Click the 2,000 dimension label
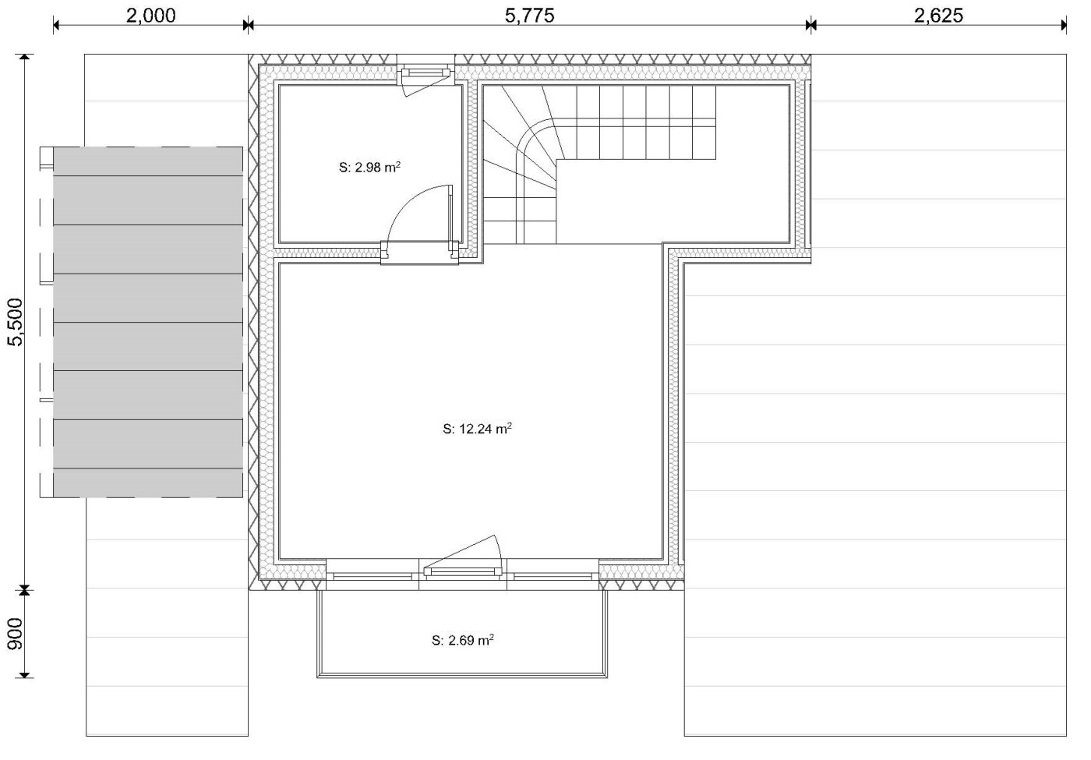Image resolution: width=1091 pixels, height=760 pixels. [151, 16]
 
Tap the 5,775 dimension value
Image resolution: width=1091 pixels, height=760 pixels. [529, 16]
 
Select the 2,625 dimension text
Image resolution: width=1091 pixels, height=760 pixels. [938, 16]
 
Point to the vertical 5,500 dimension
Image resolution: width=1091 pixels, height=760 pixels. [16, 322]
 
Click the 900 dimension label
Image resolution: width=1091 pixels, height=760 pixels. [16, 633]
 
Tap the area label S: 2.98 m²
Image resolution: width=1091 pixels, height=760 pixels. [369, 167]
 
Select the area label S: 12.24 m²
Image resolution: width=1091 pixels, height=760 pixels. [477, 429]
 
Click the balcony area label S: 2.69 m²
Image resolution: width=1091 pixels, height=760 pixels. [463, 640]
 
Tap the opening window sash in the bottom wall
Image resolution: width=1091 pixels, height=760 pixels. [463, 571]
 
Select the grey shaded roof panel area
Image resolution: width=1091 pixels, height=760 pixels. [147, 322]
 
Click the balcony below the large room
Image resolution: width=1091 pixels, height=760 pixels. [462, 633]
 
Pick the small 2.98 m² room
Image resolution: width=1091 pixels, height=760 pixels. [370, 164]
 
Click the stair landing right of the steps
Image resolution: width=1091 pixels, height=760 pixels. [672, 201]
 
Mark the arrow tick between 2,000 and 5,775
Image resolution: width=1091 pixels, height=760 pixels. [248, 24]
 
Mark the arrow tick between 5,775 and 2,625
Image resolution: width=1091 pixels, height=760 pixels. [811, 24]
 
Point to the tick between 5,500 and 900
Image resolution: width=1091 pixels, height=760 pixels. [24, 591]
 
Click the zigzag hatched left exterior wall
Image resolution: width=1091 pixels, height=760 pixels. [254, 322]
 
